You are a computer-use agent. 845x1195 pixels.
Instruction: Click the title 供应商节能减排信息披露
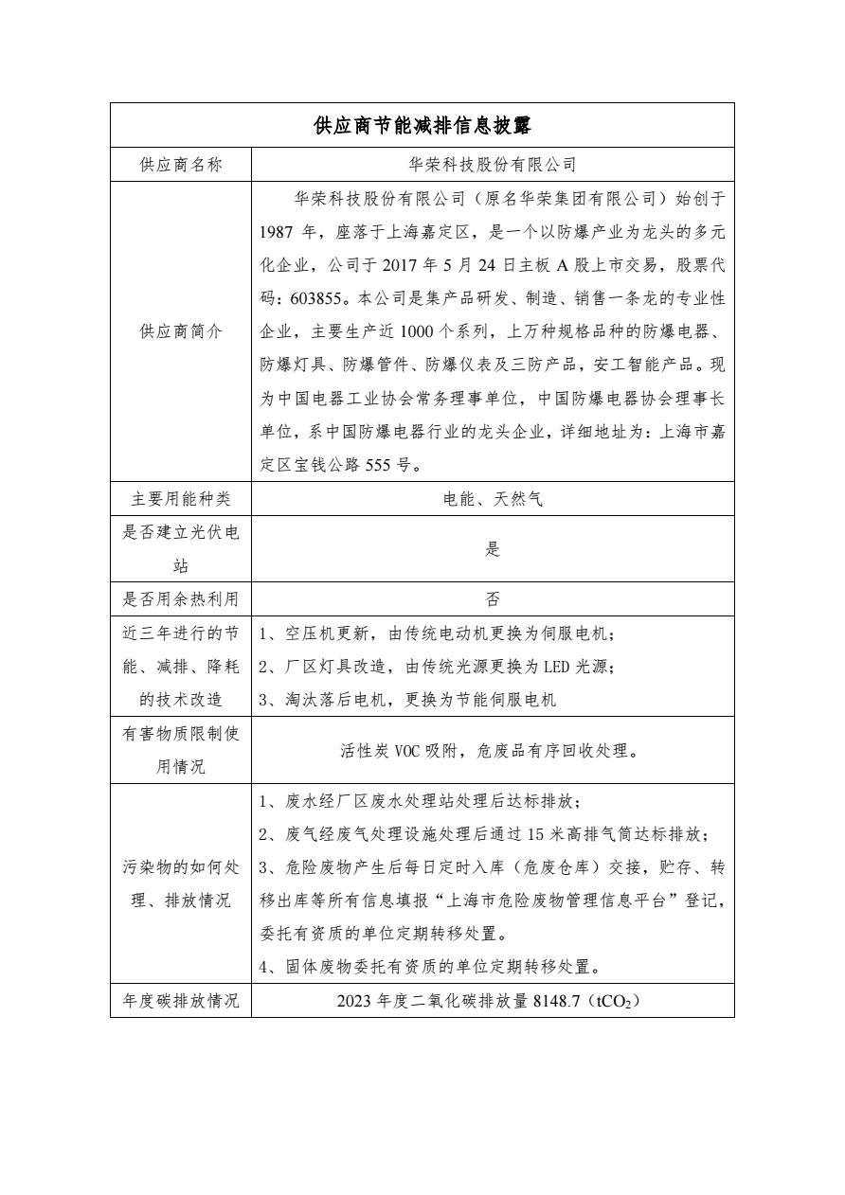(x=422, y=125)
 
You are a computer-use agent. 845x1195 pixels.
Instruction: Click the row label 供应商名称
(x=181, y=164)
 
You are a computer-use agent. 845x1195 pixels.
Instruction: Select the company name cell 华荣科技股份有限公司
(x=493, y=164)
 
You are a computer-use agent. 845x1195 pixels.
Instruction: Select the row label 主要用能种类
(x=181, y=498)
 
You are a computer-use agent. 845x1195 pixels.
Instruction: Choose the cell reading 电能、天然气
(x=493, y=498)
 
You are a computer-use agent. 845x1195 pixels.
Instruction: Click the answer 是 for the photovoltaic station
(x=493, y=549)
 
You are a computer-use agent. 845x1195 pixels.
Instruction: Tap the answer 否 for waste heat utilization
(x=493, y=599)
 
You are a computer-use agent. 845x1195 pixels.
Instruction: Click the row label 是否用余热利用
(x=181, y=599)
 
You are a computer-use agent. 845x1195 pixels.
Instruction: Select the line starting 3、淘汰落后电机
(x=407, y=700)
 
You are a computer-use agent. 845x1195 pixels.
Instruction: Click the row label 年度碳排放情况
(x=181, y=1001)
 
